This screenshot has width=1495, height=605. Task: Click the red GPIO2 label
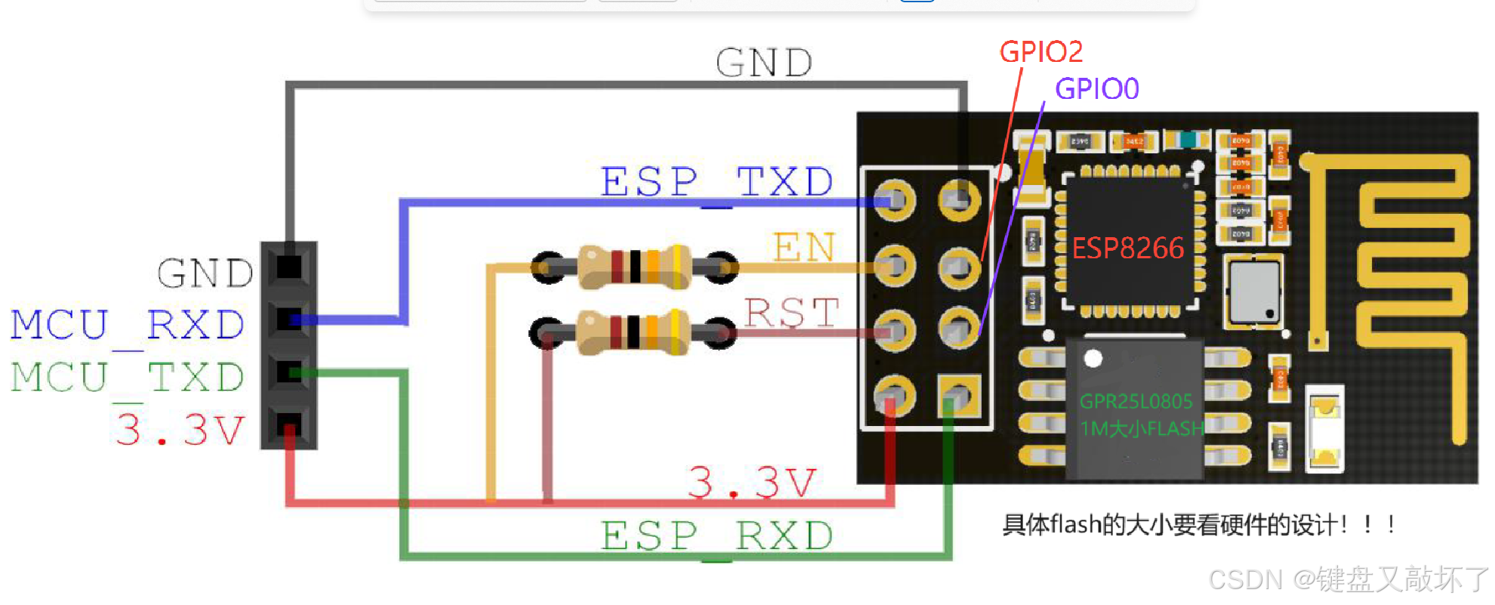(1040, 51)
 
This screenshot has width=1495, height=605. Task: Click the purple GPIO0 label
(1096, 89)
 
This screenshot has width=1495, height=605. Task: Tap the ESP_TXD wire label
(717, 182)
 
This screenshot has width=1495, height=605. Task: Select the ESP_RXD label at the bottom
(717, 536)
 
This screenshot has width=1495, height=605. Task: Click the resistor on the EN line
(635, 267)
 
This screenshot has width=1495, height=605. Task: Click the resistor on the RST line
(633, 332)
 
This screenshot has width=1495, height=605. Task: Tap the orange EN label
(804, 248)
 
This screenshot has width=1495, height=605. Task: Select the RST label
(791, 313)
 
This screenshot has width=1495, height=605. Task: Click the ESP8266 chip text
(1128, 248)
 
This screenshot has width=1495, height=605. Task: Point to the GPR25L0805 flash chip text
(1136, 401)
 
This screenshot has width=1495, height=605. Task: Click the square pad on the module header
(959, 397)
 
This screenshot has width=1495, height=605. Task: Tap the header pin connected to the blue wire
(895, 201)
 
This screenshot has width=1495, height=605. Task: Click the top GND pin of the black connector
(289, 267)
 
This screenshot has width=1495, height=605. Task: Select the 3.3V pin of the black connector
(289, 424)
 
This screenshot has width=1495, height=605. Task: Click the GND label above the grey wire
(763, 63)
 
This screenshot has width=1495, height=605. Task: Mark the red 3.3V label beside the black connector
(180, 430)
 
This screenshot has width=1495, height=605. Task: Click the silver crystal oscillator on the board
(1254, 292)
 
